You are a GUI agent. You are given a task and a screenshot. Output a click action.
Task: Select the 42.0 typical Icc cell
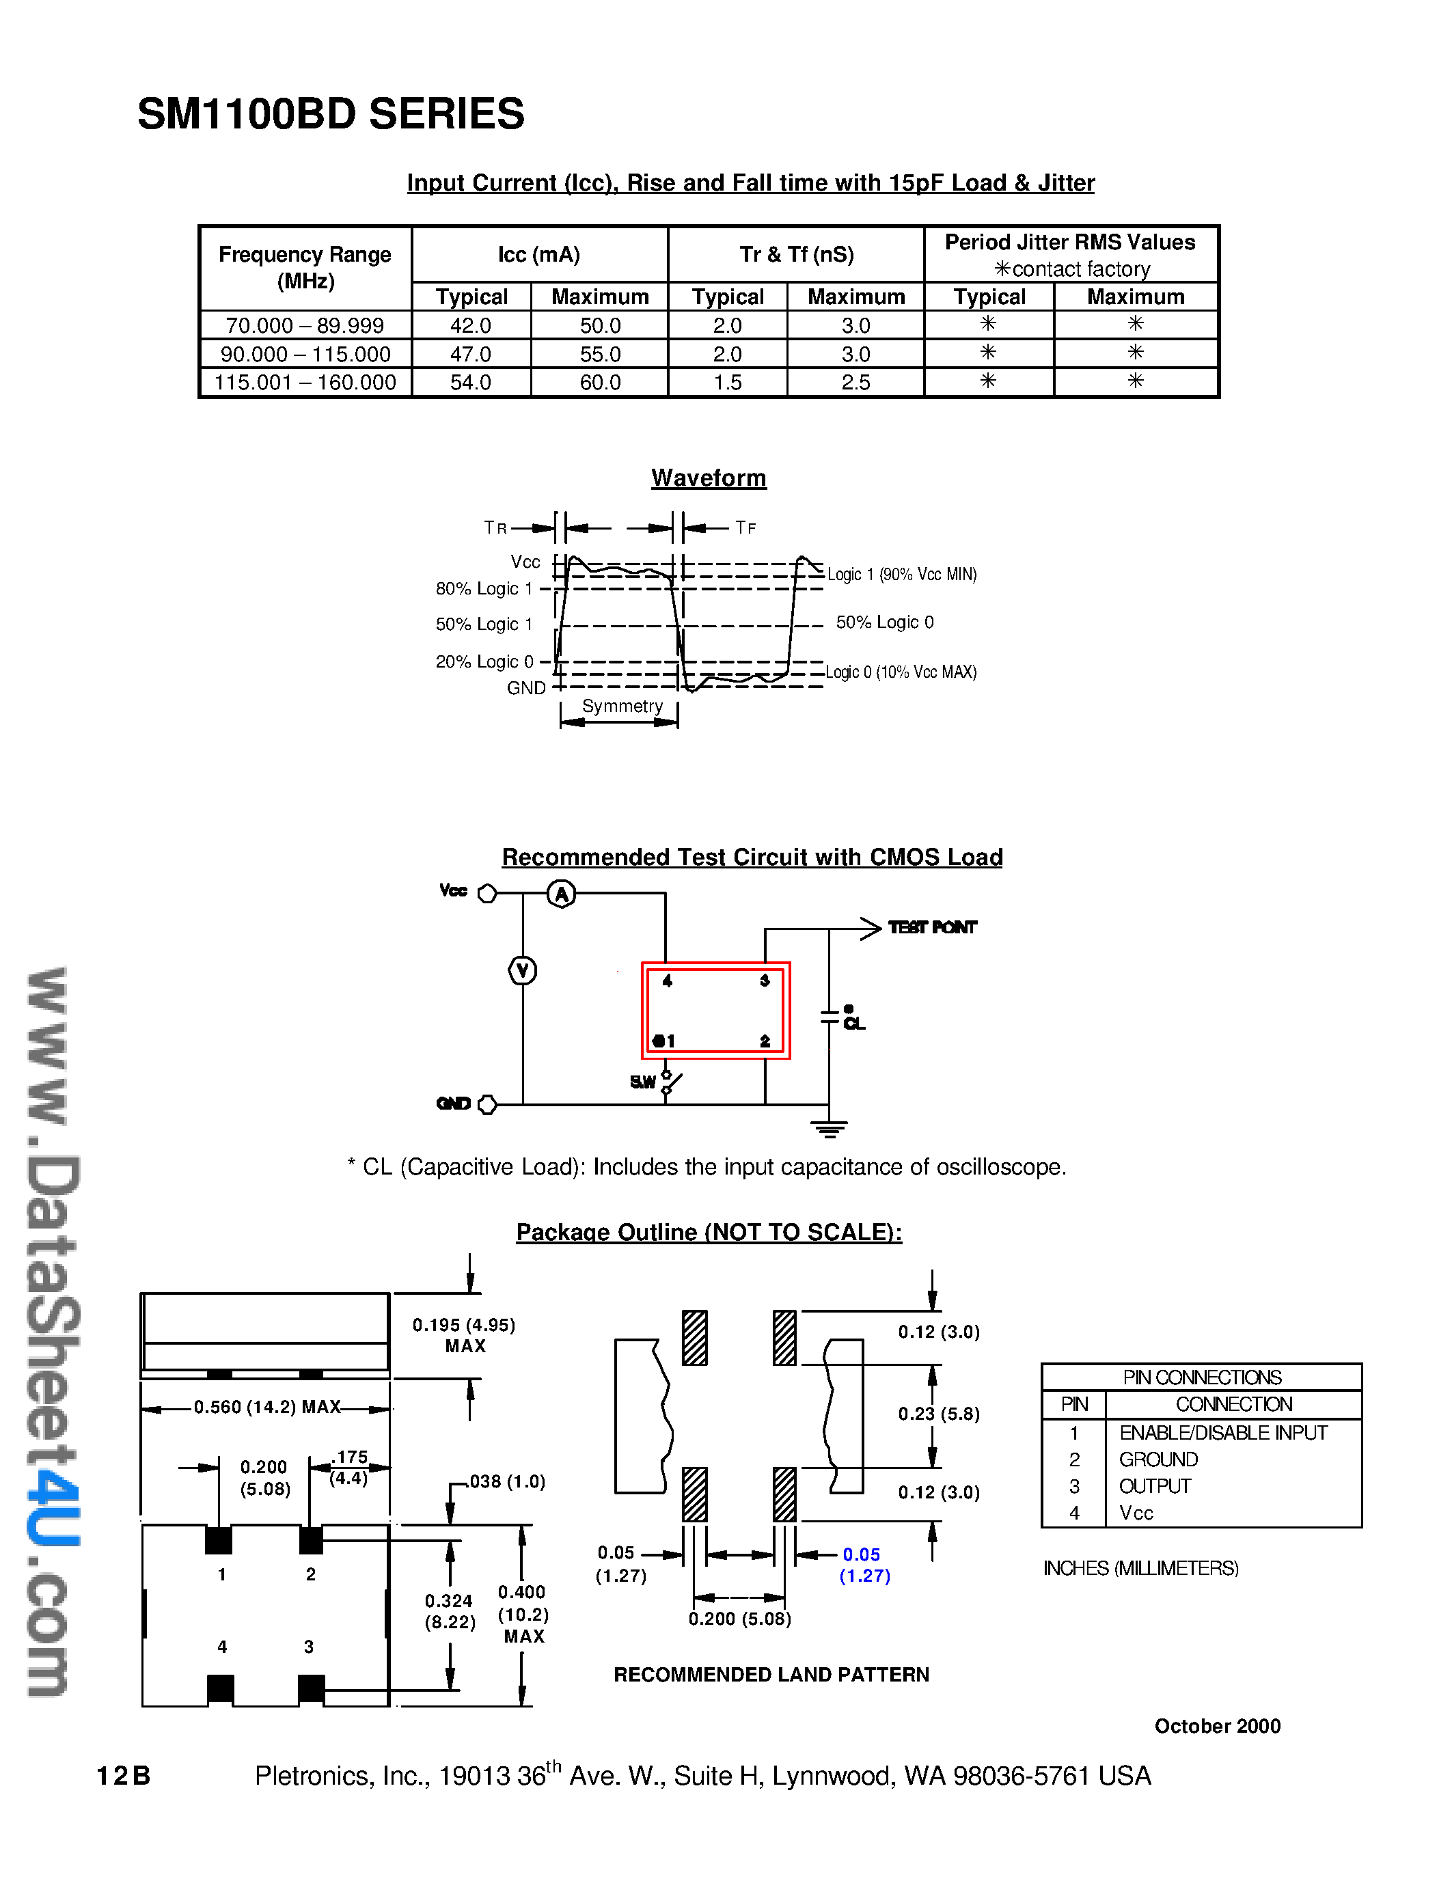coord(471,325)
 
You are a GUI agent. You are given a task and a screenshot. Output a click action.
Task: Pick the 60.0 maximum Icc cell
coord(599,382)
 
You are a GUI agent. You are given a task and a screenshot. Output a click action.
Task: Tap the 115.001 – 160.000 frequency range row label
coord(305,382)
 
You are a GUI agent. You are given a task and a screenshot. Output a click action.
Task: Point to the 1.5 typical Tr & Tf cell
coord(728,382)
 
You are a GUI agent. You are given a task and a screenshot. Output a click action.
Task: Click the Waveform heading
coord(708,478)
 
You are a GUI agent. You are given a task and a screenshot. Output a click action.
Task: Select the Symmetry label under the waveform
coord(622,707)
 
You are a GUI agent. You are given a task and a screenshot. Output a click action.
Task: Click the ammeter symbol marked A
coord(562,894)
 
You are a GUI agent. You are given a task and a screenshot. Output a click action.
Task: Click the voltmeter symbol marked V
coord(522,970)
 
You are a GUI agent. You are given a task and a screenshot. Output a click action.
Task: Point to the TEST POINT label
coord(933,927)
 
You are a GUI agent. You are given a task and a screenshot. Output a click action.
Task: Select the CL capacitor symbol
coord(830,1017)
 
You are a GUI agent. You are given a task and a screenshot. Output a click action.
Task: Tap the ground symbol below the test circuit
coord(830,1129)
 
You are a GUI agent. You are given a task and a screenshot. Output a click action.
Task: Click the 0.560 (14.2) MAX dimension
coord(266,1408)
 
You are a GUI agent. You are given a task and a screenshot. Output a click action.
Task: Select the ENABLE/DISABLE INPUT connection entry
coord(1222,1432)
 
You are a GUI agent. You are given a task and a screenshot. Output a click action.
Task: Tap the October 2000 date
coord(1216,1726)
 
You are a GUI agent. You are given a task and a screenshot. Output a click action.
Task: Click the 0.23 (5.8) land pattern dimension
coord(938,1414)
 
